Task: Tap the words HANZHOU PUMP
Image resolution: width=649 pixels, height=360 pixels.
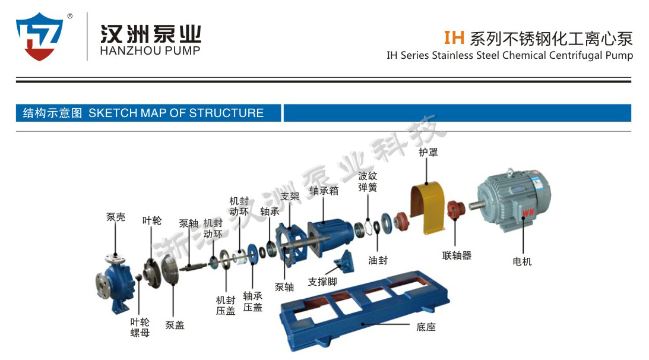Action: pos(150,50)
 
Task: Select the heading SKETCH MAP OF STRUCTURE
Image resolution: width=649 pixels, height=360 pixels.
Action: pos(176,113)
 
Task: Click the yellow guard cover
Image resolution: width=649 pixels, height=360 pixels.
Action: pos(428,208)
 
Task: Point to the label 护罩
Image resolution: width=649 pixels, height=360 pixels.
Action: pos(428,153)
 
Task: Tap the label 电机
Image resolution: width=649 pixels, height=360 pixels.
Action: pos(522,261)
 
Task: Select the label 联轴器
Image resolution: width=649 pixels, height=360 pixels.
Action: pos(457,255)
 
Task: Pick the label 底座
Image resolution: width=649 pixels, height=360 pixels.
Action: pos(426,326)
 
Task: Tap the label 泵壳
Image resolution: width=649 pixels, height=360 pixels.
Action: pos(116,217)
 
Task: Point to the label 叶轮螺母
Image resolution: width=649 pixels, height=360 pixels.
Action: pos(140,327)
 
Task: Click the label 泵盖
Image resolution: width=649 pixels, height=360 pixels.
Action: pos(175,325)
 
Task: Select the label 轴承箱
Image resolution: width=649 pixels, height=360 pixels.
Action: pos(324,191)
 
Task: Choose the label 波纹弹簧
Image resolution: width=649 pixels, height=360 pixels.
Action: pos(368,181)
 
